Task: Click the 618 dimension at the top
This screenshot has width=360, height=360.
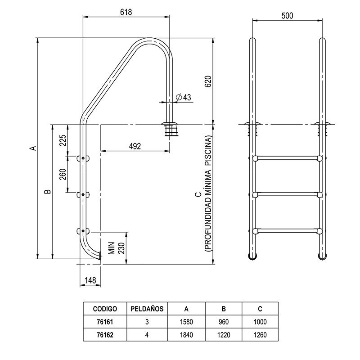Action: coord(126,13)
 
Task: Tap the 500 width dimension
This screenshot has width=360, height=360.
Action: coord(287,16)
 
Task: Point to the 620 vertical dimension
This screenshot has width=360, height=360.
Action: coord(207,81)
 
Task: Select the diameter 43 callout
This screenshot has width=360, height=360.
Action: coord(184,97)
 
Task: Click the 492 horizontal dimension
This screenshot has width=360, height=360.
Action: coord(135,146)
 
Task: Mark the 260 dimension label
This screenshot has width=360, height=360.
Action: coord(63,175)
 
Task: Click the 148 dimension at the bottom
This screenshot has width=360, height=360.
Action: coord(90,280)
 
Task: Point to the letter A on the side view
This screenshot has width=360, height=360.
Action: coord(32,148)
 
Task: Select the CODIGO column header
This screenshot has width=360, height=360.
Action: coord(105,309)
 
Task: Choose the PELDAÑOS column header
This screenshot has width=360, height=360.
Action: coord(147,309)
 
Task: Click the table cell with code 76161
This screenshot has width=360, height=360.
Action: coord(105,322)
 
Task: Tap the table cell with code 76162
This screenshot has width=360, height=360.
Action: coord(105,334)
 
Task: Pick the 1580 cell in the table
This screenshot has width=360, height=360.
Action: coord(186,322)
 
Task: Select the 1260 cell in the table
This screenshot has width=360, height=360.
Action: coord(260,334)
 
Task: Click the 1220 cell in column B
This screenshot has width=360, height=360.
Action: coord(223,334)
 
